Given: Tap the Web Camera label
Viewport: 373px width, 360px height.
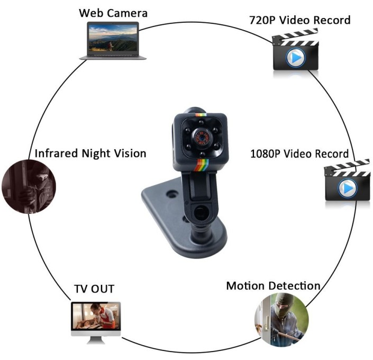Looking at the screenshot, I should (113, 13).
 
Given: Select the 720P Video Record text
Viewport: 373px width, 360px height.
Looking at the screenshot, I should (299, 21).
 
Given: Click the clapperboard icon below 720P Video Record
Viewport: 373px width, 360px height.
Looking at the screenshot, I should (295, 52).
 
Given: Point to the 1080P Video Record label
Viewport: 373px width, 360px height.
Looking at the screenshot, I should (299, 154).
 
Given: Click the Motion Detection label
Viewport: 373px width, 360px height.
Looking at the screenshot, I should (273, 286).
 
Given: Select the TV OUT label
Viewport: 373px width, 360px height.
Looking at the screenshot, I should (94, 289).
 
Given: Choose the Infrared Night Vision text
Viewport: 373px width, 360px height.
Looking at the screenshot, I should (90, 154).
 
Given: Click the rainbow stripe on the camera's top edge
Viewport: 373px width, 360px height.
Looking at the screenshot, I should (201, 114).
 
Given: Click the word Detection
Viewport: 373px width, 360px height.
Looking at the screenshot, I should (295, 286).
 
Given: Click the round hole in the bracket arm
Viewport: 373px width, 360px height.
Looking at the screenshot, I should (201, 213).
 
